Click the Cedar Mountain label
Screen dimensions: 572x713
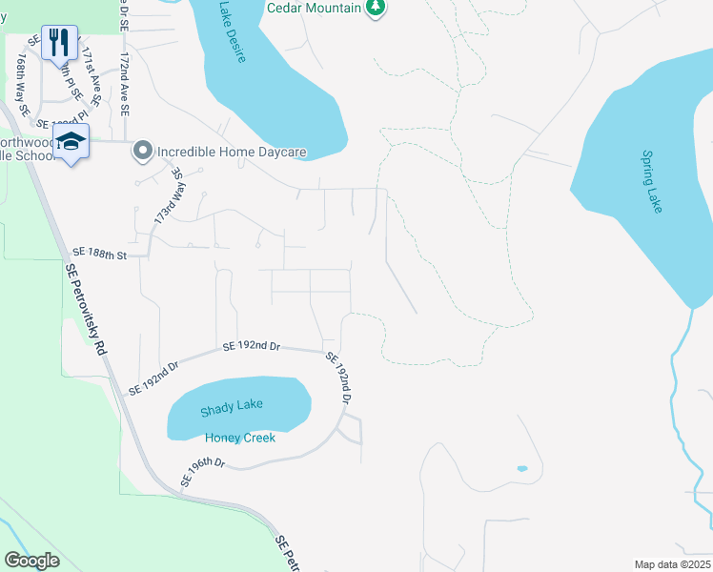pos(314,8)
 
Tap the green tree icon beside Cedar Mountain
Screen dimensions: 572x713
pos(377,8)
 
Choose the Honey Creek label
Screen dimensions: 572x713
pos(240,438)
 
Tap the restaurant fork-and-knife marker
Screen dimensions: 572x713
pos(59,42)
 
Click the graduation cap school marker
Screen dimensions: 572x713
pos(71,142)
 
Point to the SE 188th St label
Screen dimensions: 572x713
pos(101,255)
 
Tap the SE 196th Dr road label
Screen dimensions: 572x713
pos(202,469)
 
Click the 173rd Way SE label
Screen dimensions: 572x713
pos(168,198)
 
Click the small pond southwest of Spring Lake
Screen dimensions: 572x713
pos(521,469)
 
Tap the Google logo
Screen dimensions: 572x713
pos(31,560)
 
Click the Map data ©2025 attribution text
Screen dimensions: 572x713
pos(671,564)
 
